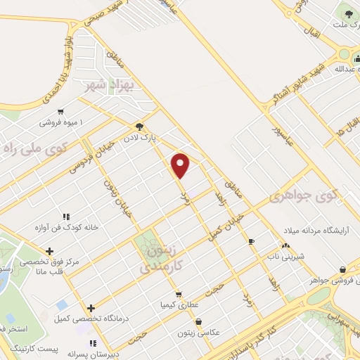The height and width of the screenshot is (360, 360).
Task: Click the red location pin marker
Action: coord(181,165)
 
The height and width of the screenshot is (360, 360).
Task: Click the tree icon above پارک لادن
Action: coord(141,127)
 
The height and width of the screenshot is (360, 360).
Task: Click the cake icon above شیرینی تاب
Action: coord(285,245)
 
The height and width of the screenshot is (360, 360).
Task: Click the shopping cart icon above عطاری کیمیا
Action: coord(179,295)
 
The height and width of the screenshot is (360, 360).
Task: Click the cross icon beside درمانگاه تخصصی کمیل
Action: coord(91,307)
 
